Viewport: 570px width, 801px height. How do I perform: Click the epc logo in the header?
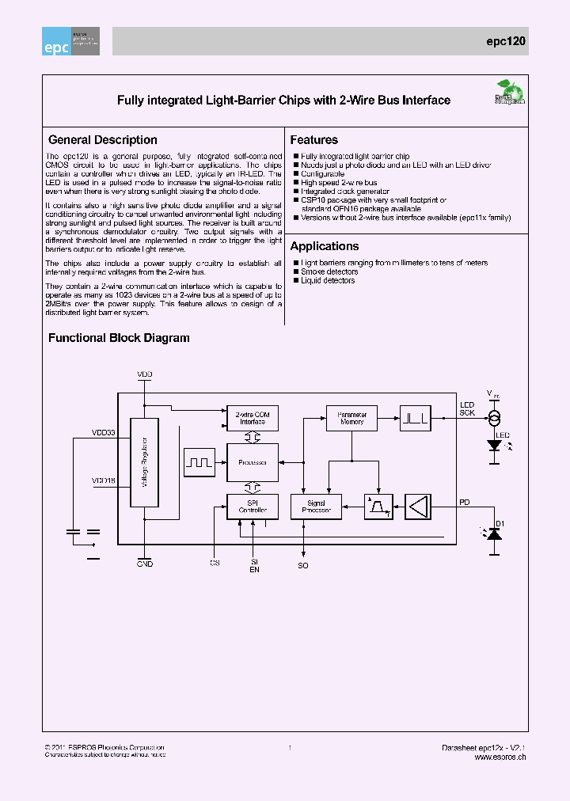[70, 42]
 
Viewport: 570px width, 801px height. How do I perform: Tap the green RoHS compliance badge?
[505, 93]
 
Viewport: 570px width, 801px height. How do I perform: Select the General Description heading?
[103, 140]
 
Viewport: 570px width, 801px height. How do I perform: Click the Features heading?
[314, 140]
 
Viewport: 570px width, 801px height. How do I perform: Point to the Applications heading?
[325, 246]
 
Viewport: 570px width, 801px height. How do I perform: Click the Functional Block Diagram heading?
[119, 338]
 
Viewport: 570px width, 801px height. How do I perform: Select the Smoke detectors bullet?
[328, 271]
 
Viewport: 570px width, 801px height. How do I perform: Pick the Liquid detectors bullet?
[328, 280]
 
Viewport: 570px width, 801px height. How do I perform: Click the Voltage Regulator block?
[144, 462]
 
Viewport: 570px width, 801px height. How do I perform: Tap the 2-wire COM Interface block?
[253, 417]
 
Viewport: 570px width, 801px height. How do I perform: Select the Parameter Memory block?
[351, 417]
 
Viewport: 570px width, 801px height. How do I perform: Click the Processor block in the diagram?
[253, 461]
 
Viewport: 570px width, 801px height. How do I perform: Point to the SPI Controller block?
[253, 507]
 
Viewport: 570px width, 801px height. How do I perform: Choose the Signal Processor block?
[316, 507]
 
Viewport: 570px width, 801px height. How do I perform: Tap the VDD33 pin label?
[104, 433]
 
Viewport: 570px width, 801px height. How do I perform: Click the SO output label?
[303, 566]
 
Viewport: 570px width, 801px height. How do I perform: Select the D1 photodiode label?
[500, 523]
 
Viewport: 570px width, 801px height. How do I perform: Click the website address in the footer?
[500, 757]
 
